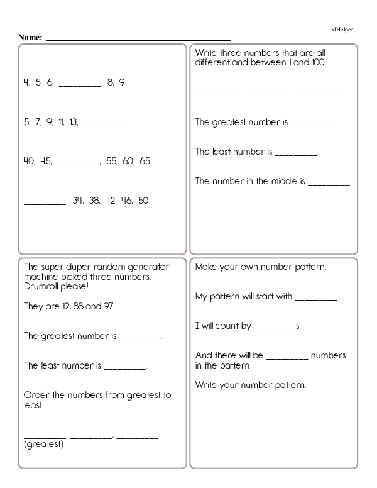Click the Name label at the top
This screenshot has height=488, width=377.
pos(30,38)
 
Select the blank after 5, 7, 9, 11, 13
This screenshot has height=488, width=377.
pos(104,125)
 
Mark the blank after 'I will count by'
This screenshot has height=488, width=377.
pos(275,328)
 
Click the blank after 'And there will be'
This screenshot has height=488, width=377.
pos(288,357)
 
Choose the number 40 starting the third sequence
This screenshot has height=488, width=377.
pos(29,161)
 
